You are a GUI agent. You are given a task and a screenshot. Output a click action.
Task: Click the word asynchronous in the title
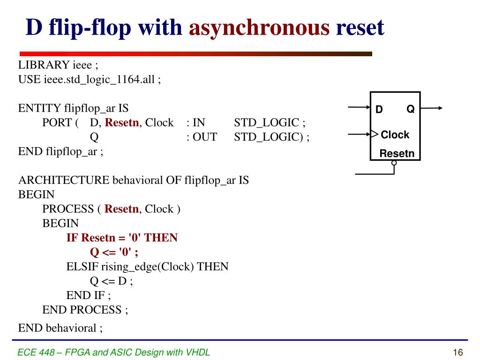tap(259, 28)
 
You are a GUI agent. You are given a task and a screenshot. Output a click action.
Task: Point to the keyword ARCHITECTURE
tap(63, 180)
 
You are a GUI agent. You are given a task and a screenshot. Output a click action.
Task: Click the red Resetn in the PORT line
tap(122, 123)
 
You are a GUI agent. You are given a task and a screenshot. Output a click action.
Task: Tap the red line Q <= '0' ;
tap(114, 252)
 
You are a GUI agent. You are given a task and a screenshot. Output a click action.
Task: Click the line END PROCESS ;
tap(85, 309)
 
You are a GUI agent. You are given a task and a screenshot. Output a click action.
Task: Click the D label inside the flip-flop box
tap(379, 110)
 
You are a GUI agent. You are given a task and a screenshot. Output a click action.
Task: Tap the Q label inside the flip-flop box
tap(410, 109)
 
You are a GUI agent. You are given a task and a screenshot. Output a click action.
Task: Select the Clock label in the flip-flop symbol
tap(395, 135)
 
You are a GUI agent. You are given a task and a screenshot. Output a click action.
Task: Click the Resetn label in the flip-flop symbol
tap(397, 153)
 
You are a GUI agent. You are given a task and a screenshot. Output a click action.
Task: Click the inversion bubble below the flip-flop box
tap(394, 163)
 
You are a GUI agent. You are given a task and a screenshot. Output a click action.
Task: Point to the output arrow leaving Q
tap(432, 108)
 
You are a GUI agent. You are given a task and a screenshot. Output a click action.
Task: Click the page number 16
tap(458, 352)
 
